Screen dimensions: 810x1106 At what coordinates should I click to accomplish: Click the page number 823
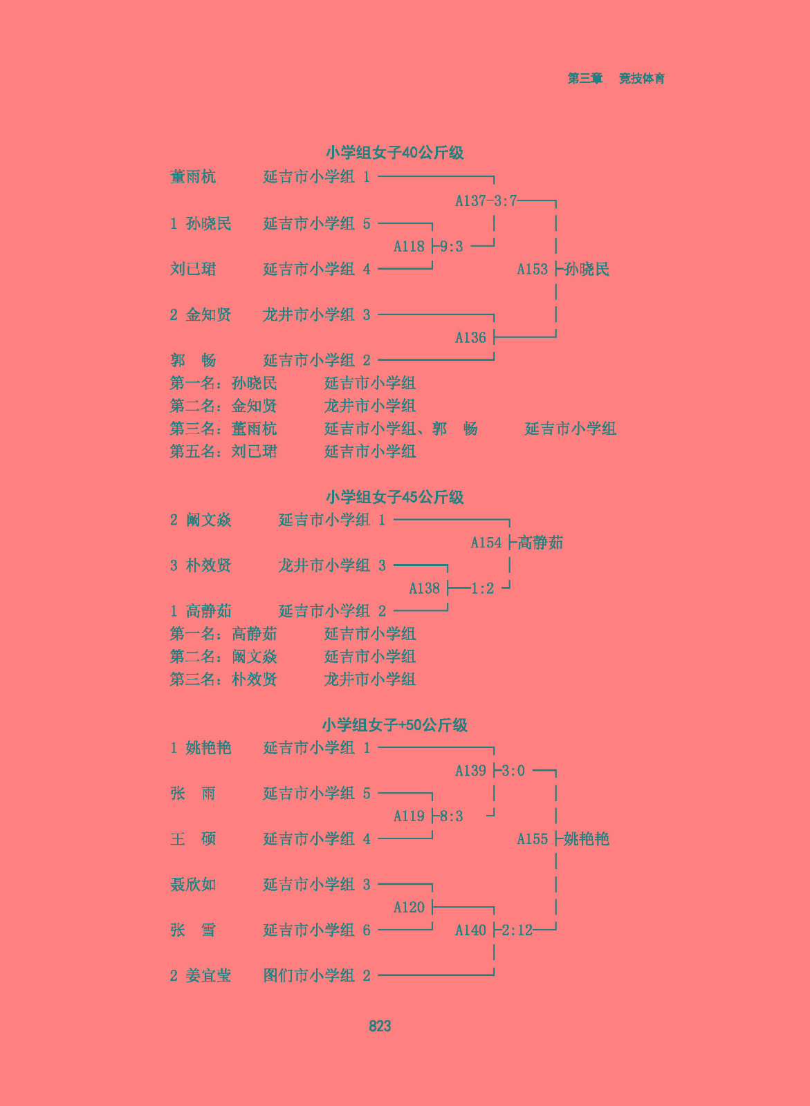(x=380, y=1026)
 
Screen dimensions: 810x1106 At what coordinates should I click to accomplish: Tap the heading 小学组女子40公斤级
(x=394, y=153)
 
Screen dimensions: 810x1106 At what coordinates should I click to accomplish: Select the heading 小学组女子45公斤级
(x=394, y=497)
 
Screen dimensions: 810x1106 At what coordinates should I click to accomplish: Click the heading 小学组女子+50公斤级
(x=394, y=725)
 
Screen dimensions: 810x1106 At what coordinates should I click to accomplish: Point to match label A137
(x=470, y=201)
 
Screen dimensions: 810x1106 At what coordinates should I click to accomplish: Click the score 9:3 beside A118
(x=451, y=246)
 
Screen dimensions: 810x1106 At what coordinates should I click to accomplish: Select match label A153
(x=532, y=269)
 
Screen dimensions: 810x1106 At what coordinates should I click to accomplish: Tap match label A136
(x=470, y=338)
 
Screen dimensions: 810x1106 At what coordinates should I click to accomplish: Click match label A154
(x=486, y=543)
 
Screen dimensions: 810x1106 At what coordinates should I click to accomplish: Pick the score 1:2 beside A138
(x=482, y=588)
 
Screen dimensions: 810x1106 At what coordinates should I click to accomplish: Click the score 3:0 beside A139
(x=513, y=770)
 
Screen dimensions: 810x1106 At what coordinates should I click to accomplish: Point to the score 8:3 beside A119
(x=451, y=816)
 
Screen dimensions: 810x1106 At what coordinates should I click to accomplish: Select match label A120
(x=409, y=907)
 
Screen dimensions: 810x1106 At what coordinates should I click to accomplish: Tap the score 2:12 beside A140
(x=517, y=930)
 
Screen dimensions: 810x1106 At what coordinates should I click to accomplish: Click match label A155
(x=532, y=839)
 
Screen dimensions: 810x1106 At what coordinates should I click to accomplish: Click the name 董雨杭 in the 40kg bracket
(x=193, y=176)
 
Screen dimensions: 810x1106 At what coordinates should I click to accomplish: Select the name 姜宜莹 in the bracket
(x=208, y=975)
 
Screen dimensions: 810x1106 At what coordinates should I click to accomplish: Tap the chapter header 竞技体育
(x=641, y=78)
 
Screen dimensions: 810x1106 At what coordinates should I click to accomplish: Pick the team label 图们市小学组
(x=309, y=975)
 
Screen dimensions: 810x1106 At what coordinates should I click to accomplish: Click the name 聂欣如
(x=193, y=884)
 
